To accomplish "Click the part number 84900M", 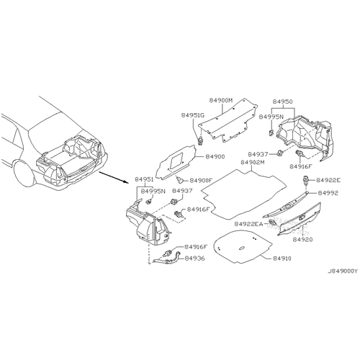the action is point(221,100).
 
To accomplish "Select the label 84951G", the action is point(193,115).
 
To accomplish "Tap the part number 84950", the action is point(282,102).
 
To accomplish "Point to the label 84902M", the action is point(253,163).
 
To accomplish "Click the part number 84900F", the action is point(201,180).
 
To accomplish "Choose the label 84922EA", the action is point(248,224).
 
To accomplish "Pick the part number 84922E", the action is point(328,180).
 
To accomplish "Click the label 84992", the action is point(328,193).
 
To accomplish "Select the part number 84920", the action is point(302,239).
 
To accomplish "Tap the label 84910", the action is point(282,258).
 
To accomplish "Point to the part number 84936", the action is point(194,258).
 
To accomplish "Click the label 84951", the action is point(144,179).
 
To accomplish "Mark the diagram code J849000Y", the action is point(343,271).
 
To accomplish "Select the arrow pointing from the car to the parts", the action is point(114,177).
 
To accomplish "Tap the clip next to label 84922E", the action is point(305,180).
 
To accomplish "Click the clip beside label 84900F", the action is point(180,179).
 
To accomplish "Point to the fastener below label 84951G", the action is point(200,140).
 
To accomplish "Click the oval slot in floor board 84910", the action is point(242,248).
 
